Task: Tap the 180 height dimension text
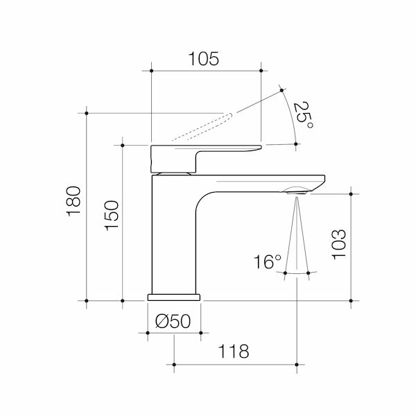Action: point(74,201)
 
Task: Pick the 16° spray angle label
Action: point(267,262)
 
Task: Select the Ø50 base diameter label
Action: point(173,321)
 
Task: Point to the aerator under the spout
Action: point(297,189)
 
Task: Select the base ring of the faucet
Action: point(173,297)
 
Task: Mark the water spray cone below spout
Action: point(297,236)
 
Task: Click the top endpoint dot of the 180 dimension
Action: point(87,112)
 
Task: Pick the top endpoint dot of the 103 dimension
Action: point(352,195)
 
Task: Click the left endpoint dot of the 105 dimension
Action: point(151,70)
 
